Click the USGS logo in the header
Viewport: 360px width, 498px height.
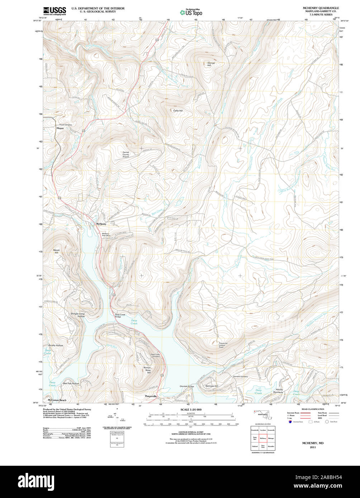55,11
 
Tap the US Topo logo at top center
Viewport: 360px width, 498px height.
191,12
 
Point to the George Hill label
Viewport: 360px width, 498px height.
211,64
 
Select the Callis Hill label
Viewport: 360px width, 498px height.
178,111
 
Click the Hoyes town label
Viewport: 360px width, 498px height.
60,128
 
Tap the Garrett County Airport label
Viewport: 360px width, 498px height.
126,154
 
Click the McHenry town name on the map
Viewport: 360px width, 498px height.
101,224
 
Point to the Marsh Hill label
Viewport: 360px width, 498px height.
56,251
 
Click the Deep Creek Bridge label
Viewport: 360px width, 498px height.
120,316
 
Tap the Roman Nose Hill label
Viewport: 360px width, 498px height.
147,370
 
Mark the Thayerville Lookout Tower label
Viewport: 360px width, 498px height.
226,345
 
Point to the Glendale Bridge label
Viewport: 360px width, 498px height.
187,386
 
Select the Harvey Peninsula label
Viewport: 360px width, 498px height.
279,391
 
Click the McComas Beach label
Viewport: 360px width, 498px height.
57,400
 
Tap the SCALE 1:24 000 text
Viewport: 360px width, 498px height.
191,410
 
